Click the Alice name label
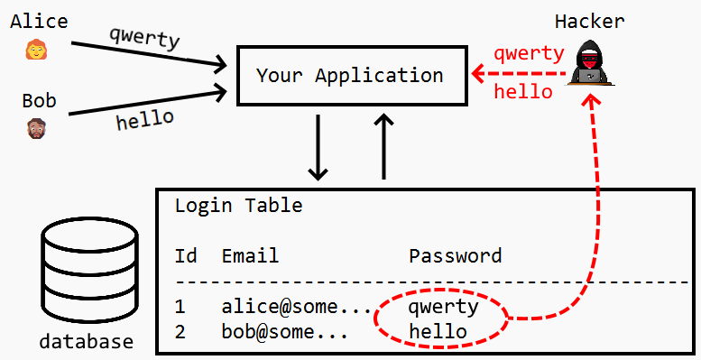39,21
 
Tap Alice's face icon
37,50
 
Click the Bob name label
39,100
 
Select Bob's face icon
37,128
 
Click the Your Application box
349,75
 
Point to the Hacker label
590,21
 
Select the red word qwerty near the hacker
530,52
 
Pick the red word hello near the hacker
523,91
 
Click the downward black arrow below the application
318,147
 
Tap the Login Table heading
238,206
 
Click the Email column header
250,256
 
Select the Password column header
455,256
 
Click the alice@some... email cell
297,307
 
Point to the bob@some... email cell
285,332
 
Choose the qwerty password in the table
444,307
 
